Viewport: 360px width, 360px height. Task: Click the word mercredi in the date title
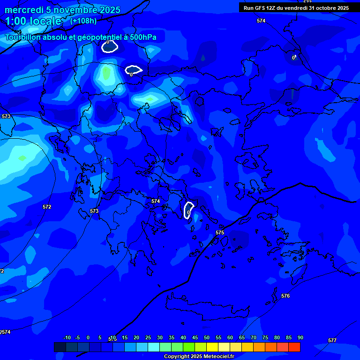point(23,10)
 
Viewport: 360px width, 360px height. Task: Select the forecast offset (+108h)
point(83,21)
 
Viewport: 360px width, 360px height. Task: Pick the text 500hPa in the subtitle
point(141,37)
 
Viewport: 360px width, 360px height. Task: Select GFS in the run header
point(260,7)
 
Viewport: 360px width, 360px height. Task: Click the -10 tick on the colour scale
point(67,337)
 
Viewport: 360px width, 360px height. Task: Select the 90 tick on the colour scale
point(300,337)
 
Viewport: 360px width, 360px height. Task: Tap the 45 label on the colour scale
point(195,337)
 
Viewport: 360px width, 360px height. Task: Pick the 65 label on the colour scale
point(242,337)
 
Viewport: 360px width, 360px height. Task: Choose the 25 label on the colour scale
point(148,337)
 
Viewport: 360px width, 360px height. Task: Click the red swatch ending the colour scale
point(294,347)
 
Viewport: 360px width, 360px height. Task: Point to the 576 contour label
point(285,296)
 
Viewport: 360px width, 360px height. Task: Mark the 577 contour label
point(332,340)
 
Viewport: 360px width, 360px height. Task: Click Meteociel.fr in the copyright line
point(219,356)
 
